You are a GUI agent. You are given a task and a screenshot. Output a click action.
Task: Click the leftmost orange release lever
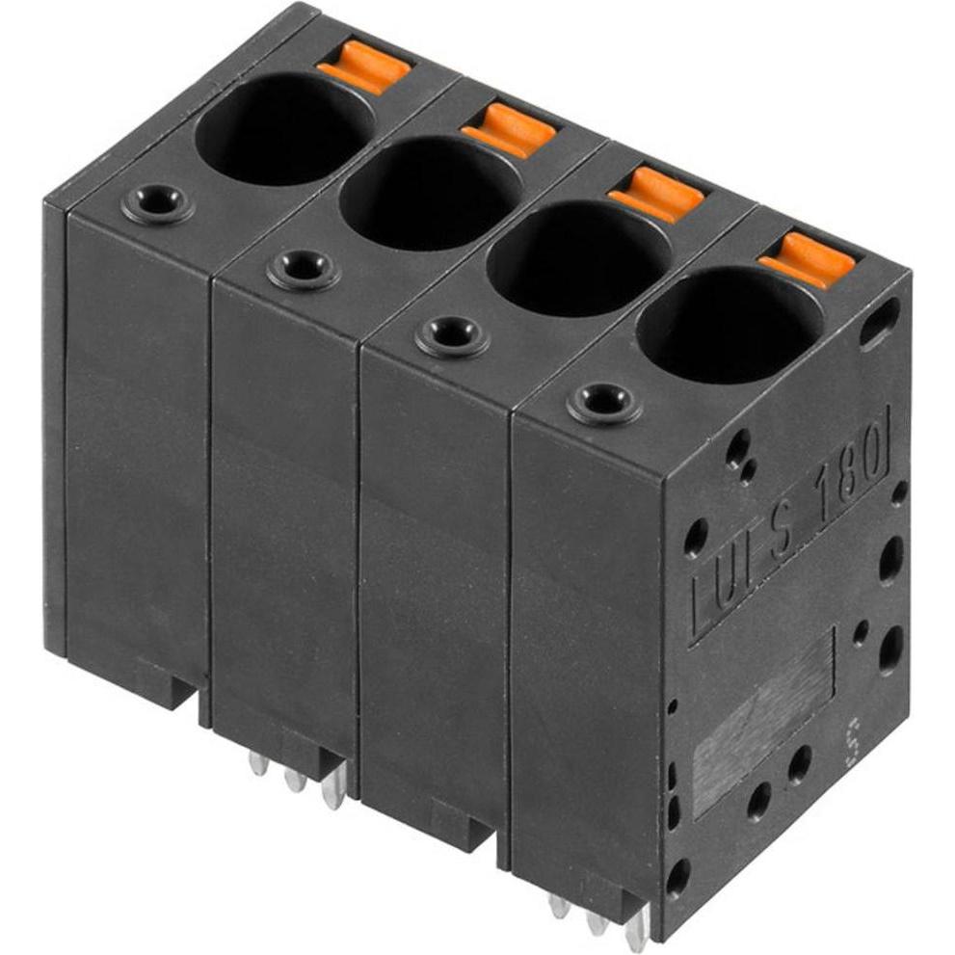pos(365,66)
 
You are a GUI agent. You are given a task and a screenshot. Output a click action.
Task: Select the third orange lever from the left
pos(657,193)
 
